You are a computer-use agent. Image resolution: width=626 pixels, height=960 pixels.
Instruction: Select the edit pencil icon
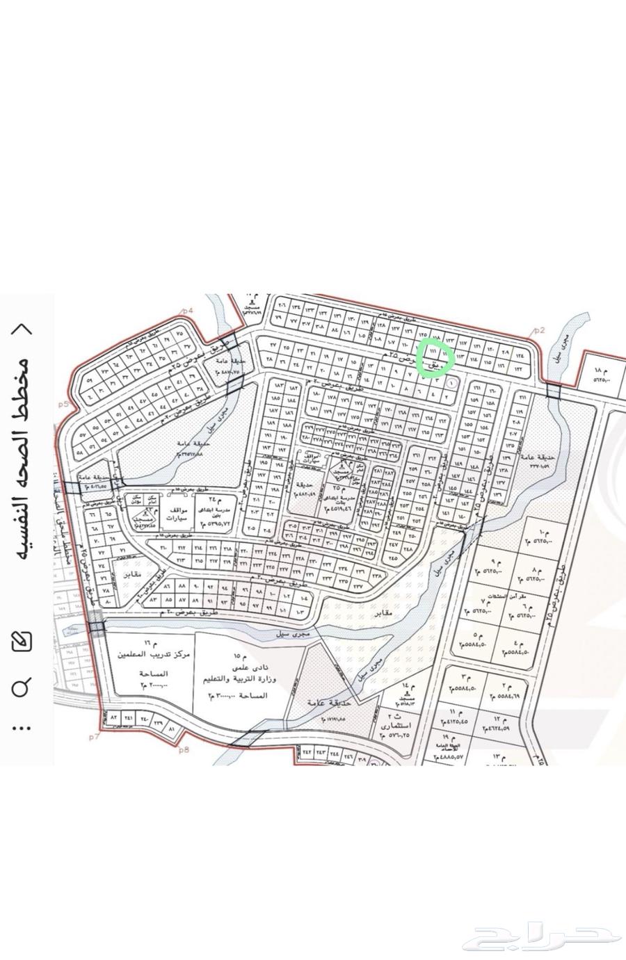(22, 641)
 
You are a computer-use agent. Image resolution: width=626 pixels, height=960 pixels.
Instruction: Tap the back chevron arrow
(22, 330)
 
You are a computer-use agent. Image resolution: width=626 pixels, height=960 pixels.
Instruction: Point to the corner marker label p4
(186, 311)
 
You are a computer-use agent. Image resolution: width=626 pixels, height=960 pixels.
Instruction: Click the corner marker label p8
(184, 749)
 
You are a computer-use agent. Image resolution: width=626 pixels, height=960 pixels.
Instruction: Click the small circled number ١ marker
(453, 382)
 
